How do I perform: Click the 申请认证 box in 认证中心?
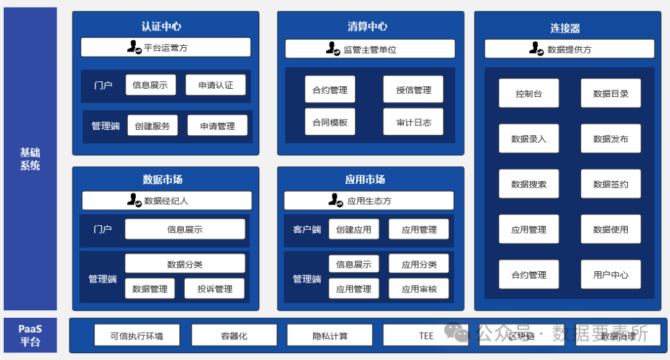click(215, 85)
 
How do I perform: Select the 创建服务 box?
click(153, 125)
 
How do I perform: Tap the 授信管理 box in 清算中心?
click(413, 89)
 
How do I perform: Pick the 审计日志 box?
click(413, 122)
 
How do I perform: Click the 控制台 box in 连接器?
click(529, 94)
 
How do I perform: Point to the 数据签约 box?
click(610, 184)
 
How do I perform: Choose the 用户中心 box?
click(610, 274)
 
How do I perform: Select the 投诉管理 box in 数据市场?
click(215, 289)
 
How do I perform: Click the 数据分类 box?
click(185, 264)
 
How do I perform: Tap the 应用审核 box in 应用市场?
click(419, 289)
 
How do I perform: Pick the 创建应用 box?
click(354, 229)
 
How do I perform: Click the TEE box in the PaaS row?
click(426, 335)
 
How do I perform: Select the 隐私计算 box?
click(330, 335)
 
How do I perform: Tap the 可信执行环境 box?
click(137, 335)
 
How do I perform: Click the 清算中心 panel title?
click(367, 26)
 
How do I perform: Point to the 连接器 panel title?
click(565, 28)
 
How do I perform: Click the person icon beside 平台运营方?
click(134, 47)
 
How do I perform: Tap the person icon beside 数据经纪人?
click(134, 200)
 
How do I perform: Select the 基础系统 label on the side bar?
click(30, 158)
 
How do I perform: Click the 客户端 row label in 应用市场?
click(306, 229)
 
